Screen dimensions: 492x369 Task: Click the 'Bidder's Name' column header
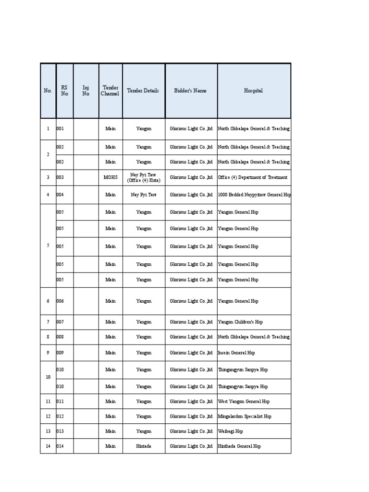[x=191, y=91]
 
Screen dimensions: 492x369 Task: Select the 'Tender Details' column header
[x=143, y=91]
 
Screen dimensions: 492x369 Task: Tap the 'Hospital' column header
[x=253, y=91]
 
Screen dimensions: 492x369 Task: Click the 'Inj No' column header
[x=86, y=91]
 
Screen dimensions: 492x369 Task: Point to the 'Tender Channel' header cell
[x=111, y=91]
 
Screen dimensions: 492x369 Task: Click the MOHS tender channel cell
[x=111, y=177]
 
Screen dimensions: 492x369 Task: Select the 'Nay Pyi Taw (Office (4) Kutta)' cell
[x=143, y=177]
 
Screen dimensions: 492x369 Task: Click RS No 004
[x=60, y=195]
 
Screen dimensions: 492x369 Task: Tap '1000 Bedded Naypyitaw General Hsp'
[x=254, y=195]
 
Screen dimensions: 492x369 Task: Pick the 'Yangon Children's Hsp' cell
[x=240, y=322]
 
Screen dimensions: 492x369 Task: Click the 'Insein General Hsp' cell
[x=236, y=353]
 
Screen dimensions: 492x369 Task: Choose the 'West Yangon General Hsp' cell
[x=244, y=401]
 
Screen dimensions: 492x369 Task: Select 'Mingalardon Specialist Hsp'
[x=245, y=417]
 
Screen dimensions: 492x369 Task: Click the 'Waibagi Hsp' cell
[x=231, y=431]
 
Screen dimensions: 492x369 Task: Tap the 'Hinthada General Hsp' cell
[x=239, y=446]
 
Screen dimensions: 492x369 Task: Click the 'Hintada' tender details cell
[x=143, y=446]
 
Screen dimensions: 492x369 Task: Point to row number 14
[x=48, y=446]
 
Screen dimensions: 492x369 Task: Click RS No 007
[x=60, y=322]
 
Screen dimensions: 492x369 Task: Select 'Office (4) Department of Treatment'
[x=253, y=177]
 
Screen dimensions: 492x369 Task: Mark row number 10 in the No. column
[x=48, y=377]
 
